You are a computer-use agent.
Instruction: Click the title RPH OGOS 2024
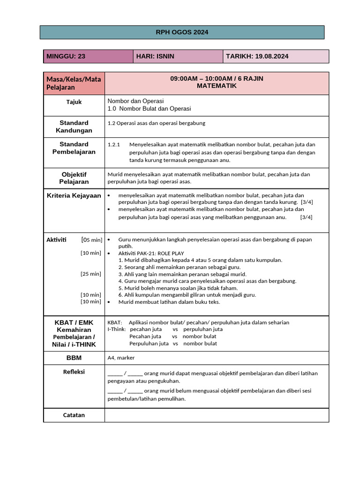point(182,32)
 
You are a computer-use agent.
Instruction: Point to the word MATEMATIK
point(217,86)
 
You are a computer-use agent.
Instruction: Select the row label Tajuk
point(74,102)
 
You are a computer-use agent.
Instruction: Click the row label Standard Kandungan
point(74,127)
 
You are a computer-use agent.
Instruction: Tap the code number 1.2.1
point(114,145)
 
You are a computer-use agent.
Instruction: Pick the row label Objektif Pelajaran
point(74,178)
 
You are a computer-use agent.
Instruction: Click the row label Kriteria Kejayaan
point(74,195)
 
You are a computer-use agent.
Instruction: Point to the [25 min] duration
point(91,274)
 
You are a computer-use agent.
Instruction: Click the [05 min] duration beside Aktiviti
point(92,240)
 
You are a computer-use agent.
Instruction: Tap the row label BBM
point(74,358)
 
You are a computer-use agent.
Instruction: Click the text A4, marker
point(121,358)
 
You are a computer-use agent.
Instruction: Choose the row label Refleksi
point(74,372)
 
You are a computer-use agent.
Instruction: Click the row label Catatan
point(74,415)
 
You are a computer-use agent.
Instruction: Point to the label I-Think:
point(117,329)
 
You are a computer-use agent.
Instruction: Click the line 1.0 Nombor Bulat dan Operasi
point(149,109)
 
